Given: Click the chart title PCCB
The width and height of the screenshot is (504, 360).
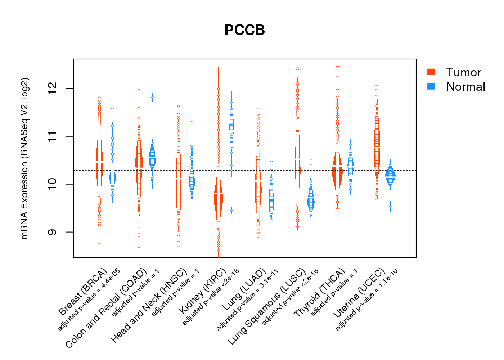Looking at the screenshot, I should pyautogui.click(x=244, y=30).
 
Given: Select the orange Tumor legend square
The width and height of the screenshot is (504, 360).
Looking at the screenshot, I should pyautogui.click(x=431, y=72).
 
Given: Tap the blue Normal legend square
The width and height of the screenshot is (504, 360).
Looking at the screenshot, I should pyautogui.click(x=431, y=86).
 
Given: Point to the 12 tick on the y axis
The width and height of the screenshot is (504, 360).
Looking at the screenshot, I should pyautogui.click(x=52, y=89).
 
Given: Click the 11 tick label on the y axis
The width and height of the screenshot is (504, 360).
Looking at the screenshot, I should pyautogui.click(x=52, y=136).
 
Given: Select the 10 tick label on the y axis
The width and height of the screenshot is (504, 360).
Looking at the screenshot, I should pyautogui.click(x=52, y=184).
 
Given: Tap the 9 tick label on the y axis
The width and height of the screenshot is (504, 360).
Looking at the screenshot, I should pyautogui.click(x=52, y=232).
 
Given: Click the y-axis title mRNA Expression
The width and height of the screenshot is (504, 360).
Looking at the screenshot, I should pyautogui.click(x=24, y=158).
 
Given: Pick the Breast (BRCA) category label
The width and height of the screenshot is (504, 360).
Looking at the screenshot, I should pyautogui.click(x=83, y=292).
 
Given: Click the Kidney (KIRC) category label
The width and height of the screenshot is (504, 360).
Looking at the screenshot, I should pyautogui.click(x=203, y=291).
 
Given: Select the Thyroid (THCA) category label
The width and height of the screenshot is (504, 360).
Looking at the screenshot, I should pyautogui.click(x=320, y=293).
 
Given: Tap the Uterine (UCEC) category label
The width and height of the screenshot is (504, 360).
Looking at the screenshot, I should pyautogui.click(x=359, y=293).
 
